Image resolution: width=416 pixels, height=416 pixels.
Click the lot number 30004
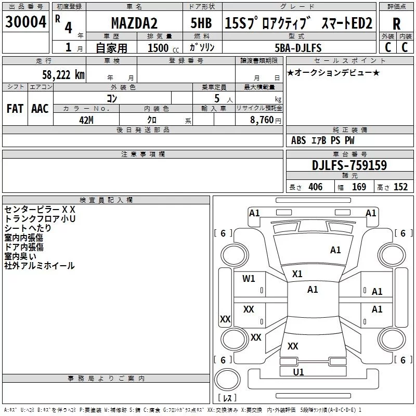tap(25, 22)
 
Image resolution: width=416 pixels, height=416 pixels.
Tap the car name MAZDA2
tap(134, 23)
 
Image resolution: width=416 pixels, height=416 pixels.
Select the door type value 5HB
tap(201, 23)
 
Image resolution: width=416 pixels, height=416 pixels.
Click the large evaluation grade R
tap(396, 24)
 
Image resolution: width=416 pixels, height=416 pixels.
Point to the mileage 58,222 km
tap(63, 75)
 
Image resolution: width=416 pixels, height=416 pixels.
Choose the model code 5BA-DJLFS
tap(298, 48)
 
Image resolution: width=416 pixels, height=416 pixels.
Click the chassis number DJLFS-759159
tap(349, 165)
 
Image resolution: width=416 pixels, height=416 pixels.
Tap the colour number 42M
tap(86, 120)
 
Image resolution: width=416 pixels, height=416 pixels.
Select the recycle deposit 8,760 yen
tap(265, 120)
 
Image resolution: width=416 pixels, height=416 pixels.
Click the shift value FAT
tap(15, 109)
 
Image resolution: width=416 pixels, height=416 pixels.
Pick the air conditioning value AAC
tap(40, 109)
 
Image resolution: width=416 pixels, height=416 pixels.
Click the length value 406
tap(316, 187)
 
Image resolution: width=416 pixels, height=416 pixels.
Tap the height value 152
tap(400, 187)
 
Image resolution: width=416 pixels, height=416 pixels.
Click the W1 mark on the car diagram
tap(249, 279)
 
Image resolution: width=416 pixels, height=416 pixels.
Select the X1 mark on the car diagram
tap(297, 274)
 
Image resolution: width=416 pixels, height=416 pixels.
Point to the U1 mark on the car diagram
tap(298, 372)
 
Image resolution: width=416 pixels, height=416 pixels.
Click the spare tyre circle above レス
tap(227, 380)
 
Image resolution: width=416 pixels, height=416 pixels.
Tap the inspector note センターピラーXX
tap(40, 210)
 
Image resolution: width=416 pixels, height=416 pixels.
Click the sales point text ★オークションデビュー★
tap(333, 72)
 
